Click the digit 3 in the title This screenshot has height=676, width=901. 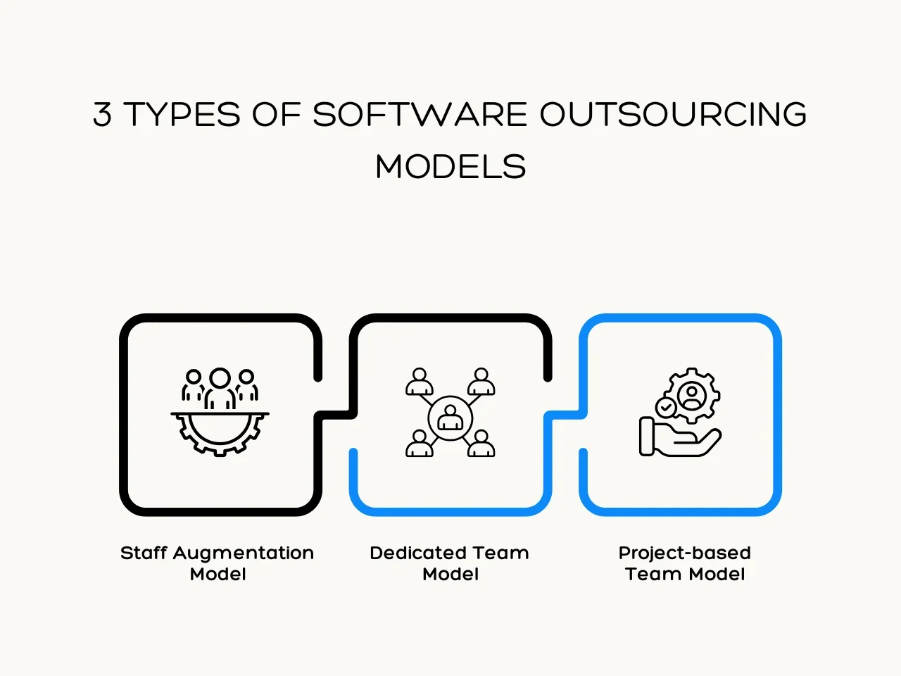102,114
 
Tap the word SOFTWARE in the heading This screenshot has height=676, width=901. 420,114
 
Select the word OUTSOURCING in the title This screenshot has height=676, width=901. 673,114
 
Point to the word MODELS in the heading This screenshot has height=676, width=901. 450,166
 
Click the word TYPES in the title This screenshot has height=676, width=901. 182,114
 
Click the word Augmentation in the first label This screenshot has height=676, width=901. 244,553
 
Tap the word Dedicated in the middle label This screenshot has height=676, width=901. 418,553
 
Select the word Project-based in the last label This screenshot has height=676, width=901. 685,553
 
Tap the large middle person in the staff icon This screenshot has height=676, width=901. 220,388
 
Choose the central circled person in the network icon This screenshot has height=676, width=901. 450,418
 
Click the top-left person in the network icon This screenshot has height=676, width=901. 419,382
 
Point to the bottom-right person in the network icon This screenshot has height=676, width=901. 481,444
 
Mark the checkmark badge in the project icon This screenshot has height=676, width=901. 666,408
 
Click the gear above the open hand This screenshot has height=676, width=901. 693,395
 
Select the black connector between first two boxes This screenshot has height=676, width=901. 335,415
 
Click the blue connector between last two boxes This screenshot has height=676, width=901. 565,415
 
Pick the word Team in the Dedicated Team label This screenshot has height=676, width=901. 500,553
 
